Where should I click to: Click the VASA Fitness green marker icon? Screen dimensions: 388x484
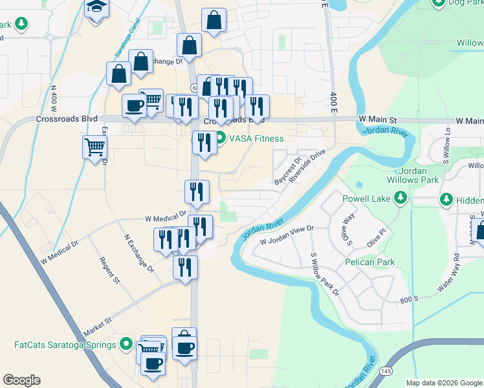(x=220, y=138)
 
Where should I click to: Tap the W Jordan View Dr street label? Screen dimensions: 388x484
(x=287, y=235)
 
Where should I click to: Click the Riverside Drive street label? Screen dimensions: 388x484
(x=307, y=167)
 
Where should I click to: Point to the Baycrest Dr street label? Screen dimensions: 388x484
(x=288, y=169)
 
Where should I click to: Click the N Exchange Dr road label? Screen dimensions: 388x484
(x=139, y=253)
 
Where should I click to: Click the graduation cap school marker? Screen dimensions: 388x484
(x=97, y=8)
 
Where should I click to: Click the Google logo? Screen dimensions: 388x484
(x=22, y=380)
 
